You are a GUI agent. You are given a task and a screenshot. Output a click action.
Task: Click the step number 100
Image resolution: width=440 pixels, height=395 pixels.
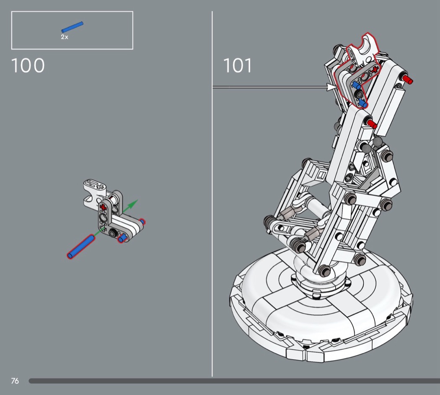click(x=28, y=65)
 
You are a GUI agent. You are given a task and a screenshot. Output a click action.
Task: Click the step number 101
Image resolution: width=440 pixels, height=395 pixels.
click(x=238, y=65)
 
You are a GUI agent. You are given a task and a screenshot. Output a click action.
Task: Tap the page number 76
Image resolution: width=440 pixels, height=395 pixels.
click(x=15, y=381)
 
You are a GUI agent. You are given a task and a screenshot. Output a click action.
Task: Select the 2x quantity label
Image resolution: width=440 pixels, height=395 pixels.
click(x=65, y=37)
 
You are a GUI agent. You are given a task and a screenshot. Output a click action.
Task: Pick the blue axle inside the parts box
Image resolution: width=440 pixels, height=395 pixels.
click(x=72, y=27)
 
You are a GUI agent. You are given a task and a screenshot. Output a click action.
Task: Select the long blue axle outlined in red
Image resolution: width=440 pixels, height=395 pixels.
click(x=81, y=247)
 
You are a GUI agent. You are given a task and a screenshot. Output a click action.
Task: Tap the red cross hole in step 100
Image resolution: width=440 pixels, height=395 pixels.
click(x=103, y=208)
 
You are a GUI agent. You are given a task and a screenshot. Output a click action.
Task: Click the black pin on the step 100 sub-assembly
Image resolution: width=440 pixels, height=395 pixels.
click(x=114, y=232)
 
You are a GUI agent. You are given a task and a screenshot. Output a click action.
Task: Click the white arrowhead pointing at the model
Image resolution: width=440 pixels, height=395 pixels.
click(x=332, y=87)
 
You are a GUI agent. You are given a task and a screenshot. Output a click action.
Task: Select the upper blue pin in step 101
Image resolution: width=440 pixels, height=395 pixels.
click(x=357, y=85)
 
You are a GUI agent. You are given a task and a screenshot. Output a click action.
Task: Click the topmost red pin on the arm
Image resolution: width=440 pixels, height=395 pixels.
click(x=407, y=79)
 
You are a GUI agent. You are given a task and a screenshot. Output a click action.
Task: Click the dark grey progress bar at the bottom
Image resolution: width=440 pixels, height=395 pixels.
click(x=234, y=381)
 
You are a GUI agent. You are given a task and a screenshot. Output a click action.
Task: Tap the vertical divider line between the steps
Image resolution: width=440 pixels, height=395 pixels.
click(x=212, y=194)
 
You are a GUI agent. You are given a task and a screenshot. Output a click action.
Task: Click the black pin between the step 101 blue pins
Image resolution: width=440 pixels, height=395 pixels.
click(x=359, y=94)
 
